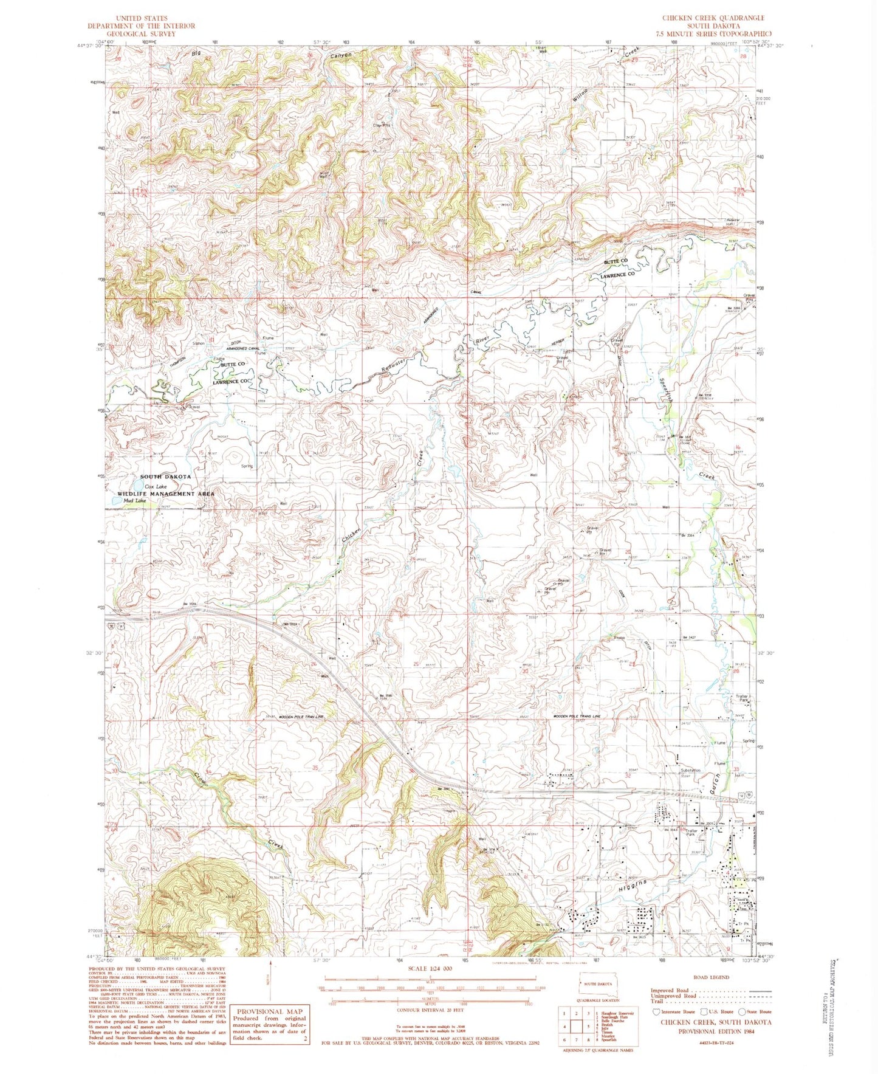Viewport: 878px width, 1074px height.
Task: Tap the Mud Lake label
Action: click(x=134, y=501)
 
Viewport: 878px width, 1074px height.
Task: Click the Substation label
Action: click(x=690, y=770)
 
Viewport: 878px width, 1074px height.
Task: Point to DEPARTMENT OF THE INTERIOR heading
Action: click(x=142, y=26)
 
